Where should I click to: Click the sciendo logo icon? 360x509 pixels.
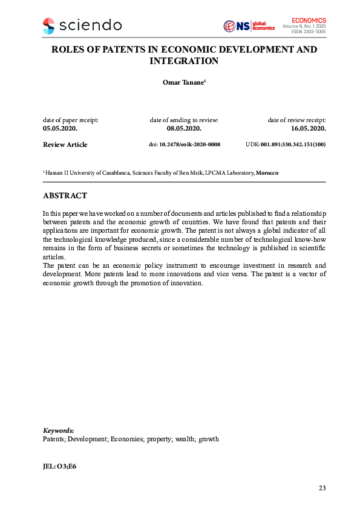(48, 25)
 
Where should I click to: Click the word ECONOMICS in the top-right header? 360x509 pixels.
(309, 21)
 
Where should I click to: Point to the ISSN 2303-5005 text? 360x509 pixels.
(309, 32)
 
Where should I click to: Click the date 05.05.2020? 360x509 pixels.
(60, 129)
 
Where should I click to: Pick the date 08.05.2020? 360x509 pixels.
(184, 129)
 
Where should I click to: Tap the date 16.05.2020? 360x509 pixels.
(309, 129)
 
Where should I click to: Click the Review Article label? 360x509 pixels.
(65, 145)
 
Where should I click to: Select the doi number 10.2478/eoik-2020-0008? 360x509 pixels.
(189, 145)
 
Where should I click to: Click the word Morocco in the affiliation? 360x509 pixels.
(267, 173)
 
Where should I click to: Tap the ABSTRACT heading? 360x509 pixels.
(65, 196)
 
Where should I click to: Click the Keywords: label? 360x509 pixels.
(59, 430)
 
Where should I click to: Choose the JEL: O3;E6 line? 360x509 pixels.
(59, 467)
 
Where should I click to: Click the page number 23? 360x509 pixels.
(322, 487)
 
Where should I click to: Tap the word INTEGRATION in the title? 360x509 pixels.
(184, 61)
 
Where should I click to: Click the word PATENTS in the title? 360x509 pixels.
(117, 49)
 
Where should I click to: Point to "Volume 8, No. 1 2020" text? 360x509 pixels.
(304, 27)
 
